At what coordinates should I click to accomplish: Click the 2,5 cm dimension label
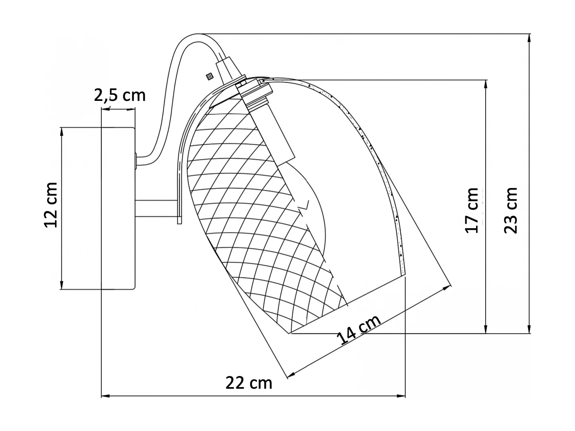click(x=120, y=95)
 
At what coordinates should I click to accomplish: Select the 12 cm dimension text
click(x=51, y=205)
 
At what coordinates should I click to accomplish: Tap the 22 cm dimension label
click(x=249, y=383)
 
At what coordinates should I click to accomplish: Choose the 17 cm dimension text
click(x=472, y=211)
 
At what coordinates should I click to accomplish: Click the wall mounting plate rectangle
click(x=118, y=208)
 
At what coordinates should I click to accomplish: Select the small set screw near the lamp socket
click(x=208, y=76)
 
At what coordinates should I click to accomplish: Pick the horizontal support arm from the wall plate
click(x=156, y=209)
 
